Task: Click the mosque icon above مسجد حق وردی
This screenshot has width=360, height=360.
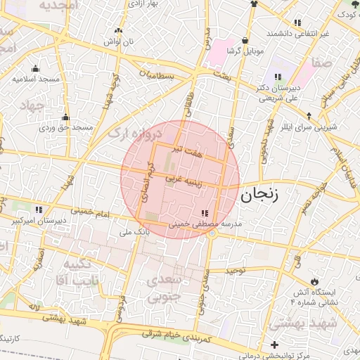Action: point(65,117)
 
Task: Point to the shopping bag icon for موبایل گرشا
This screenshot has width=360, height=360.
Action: point(244,41)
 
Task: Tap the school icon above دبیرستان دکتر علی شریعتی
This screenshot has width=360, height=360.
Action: point(278,76)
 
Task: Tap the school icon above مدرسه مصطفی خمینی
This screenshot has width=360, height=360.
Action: point(204,213)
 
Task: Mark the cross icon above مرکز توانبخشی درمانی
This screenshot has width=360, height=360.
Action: point(274,344)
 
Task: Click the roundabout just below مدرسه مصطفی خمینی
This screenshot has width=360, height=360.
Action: point(212,233)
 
